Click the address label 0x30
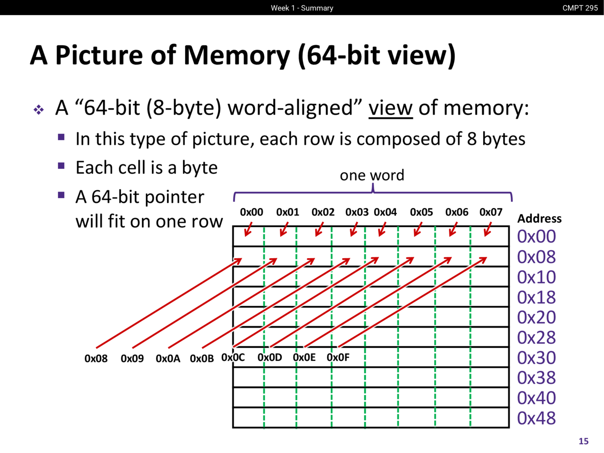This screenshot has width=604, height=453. point(537,358)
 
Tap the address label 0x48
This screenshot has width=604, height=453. point(537,418)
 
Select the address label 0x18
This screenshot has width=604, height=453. point(537,297)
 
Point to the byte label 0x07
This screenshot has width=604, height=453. point(491,212)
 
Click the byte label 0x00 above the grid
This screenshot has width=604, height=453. point(252,212)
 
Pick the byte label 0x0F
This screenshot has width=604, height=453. point(338,358)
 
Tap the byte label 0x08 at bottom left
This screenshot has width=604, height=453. point(96,359)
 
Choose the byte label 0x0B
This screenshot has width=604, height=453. point(201,359)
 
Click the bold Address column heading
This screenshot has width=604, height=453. point(539,218)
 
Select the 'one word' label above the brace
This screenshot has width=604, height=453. point(372,175)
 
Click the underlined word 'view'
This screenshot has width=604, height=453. point(390,108)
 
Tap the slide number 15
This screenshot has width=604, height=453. point(584,441)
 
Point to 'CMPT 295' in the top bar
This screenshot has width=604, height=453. point(580,8)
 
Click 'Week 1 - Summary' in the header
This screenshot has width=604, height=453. point(302,8)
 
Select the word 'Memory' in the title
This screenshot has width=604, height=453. point(236,55)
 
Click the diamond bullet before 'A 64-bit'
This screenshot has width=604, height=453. point(39,110)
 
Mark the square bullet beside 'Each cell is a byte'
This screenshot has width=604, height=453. point(61,166)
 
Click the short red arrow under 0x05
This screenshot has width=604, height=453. point(418,230)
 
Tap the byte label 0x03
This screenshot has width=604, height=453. point(357,212)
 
